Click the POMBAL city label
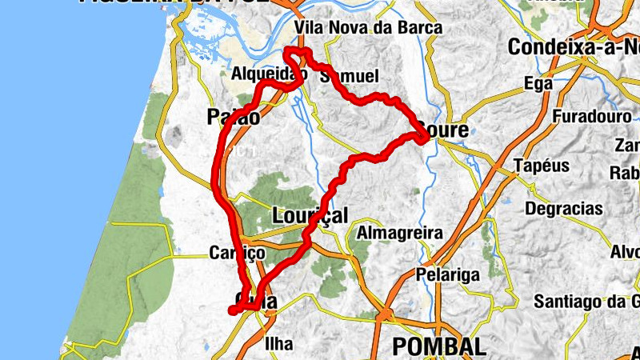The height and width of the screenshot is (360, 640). point(439,346)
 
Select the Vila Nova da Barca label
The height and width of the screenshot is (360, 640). point(368,28)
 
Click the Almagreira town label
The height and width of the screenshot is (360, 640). point(400,233)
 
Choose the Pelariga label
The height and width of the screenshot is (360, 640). point(447,274)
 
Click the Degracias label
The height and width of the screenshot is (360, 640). point(564,209)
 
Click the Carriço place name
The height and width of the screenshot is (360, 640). point(236,253)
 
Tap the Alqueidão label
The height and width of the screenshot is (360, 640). point(269,74)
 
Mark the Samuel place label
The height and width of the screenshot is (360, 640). point(348,77)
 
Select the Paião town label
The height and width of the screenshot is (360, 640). point(233,117)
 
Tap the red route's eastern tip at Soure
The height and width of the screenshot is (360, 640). point(424,137)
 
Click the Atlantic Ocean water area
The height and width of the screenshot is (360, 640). point(64,160)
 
